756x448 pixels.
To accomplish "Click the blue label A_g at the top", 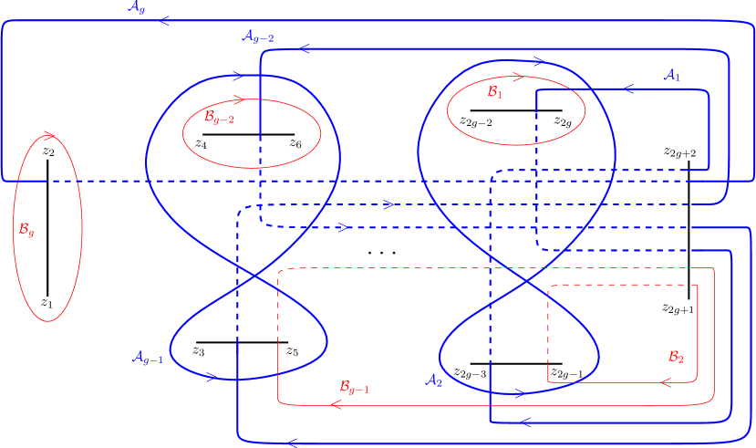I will (137, 7).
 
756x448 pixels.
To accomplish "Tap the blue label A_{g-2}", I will (257, 37).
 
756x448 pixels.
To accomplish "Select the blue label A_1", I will (672, 76).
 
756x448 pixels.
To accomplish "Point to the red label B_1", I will (494, 92).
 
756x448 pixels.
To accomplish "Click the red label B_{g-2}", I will (219, 117).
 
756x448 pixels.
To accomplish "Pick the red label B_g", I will (26, 229).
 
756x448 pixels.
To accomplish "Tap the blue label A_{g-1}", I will (147, 358).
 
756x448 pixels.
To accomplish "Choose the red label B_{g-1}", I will (355, 388).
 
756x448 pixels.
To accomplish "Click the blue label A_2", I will (434, 380).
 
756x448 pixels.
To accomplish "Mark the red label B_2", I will (676, 356).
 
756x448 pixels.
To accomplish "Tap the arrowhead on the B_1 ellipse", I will (519, 78).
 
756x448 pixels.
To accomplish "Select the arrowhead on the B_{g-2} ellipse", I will (238, 99).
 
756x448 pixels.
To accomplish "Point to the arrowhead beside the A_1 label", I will (628, 89).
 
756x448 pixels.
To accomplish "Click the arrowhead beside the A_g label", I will (165, 20).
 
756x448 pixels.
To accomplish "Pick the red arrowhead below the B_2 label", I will (666, 383).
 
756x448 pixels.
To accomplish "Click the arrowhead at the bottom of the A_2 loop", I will (519, 394).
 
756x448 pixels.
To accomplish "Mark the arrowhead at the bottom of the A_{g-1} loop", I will (211, 377).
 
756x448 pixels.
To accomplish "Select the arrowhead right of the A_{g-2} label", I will (305, 49).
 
